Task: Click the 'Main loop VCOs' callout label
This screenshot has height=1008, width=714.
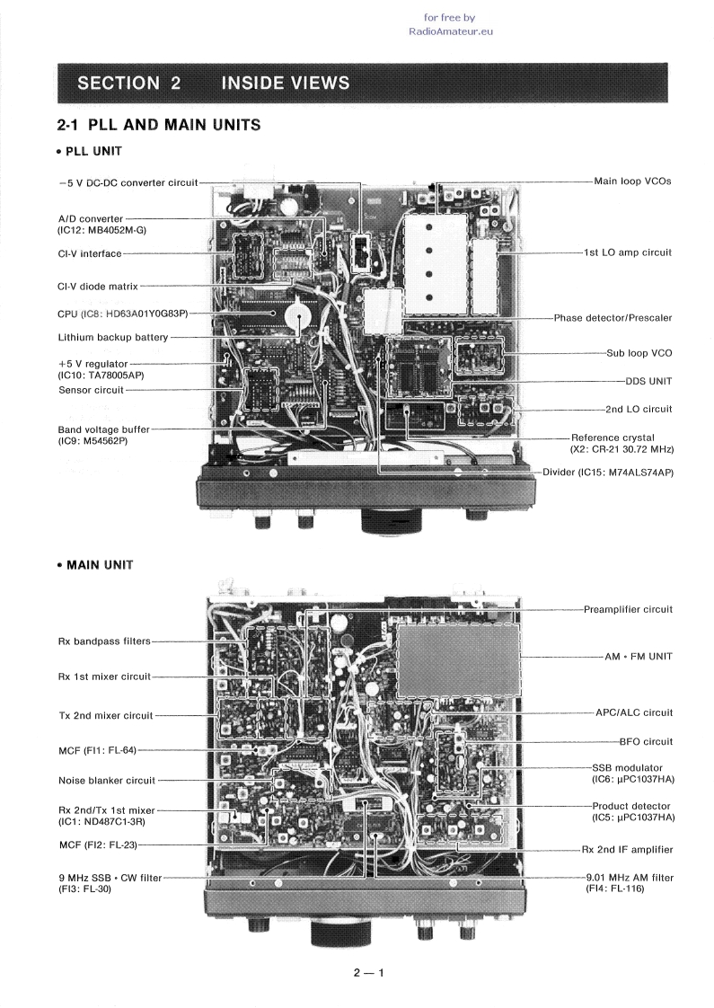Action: (632, 181)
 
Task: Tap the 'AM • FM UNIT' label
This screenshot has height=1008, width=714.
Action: (639, 657)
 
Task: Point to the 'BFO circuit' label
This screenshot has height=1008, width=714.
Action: (645, 741)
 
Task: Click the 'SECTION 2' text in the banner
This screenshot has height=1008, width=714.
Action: (129, 84)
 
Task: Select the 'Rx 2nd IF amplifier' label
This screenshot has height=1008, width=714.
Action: (627, 849)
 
